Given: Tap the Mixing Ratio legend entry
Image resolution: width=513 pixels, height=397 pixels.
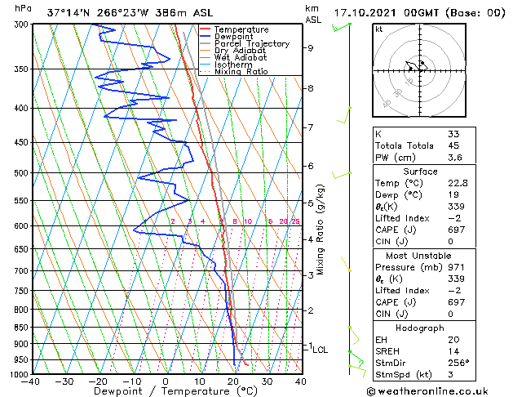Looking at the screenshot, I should pyautogui.click(x=241, y=72).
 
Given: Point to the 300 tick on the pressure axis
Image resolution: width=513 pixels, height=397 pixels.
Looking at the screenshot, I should pyautogui.click(x=21, y=25).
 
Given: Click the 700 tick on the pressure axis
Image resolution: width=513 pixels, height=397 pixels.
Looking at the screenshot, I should pyautogui.click(x=21, y=270).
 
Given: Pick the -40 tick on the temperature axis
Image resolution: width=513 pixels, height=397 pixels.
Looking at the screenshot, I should pyautogui.click(x=32, y=381).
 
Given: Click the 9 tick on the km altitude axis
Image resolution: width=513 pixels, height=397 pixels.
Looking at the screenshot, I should pyautogui.click(x=311, y=48).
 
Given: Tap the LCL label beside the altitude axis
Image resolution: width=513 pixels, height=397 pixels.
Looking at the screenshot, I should pyautogui.click(x=320, y=350).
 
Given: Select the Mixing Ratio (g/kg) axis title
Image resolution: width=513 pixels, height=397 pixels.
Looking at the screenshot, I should pyautogui.click(x=321, y=230).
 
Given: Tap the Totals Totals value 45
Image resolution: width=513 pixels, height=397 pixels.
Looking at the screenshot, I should pyautogui.click(x=453, y=146).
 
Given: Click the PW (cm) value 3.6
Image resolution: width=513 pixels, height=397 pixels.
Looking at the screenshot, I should pyautogui.click(x=454, y=158).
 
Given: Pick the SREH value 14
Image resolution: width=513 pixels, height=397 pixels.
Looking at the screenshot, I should pyautogui.click(x=453, y=351).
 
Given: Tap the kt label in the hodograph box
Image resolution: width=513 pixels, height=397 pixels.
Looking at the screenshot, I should pyautogui.click(x=378, y=29).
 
